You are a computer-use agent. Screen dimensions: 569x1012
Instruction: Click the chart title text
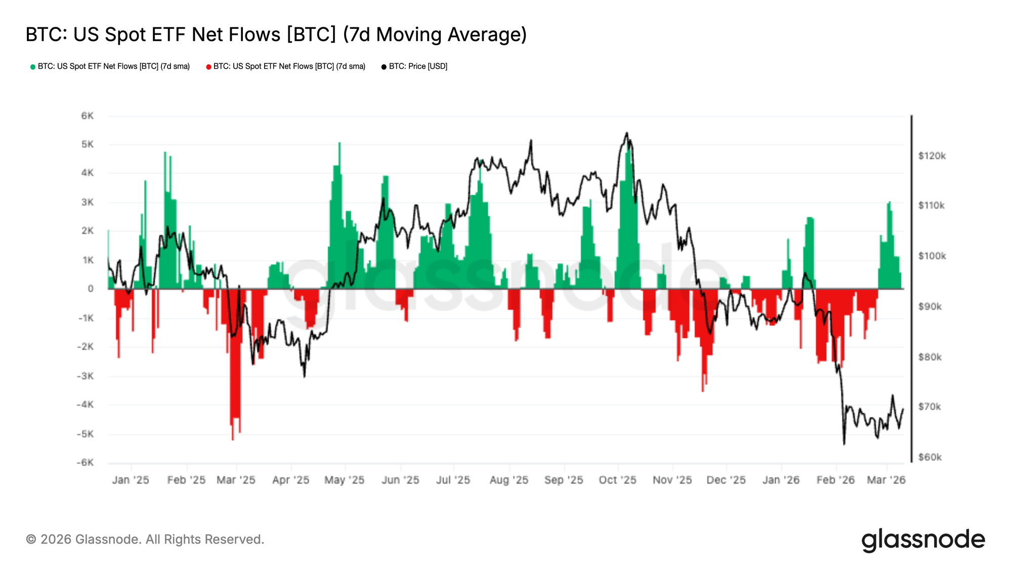click(276, 34)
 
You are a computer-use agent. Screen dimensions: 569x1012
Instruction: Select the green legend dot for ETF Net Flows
click(33, 67)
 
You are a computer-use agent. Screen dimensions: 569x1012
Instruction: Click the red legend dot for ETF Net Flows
click(208, 67)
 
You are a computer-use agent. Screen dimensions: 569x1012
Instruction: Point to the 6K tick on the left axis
click(87, 116)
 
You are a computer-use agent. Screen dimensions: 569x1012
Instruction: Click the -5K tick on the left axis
click(85, 434)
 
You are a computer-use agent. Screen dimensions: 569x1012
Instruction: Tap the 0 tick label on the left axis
click(91, 289)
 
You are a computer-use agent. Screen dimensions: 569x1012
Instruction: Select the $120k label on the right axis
click(932, 156)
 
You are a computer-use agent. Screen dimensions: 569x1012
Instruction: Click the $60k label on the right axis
click(930, 457)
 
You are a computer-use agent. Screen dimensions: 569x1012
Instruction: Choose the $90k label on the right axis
click(930, 307)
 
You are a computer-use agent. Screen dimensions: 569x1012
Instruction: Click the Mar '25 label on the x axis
click(236, 480)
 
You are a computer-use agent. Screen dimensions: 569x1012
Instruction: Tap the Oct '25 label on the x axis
click(617, 480)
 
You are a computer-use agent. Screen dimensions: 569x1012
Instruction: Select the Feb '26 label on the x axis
click(835, 480)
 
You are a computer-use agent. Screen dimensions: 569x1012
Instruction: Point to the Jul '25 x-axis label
click(453, 480)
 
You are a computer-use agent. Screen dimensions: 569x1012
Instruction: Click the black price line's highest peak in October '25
click(626, 134)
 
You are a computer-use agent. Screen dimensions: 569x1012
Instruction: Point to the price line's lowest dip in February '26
click(844, 444)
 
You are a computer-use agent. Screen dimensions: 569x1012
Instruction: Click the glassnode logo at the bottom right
click(923, 540)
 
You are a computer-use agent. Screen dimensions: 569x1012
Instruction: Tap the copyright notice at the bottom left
click(145, 540)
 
